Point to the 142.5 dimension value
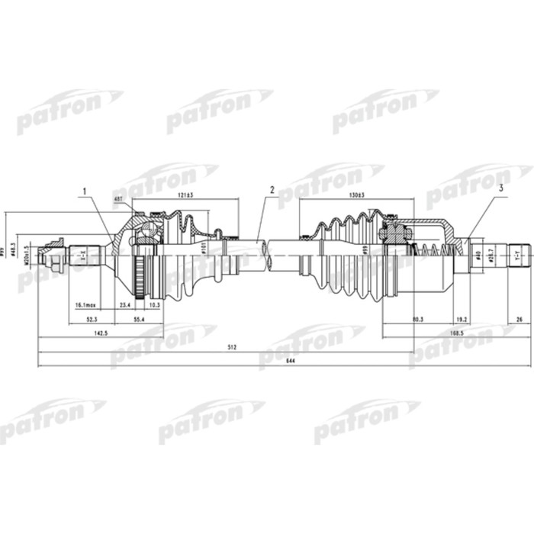pos(100,333)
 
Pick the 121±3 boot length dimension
pos(185,197)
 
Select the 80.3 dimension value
pos(417,320)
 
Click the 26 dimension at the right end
pos(520,320)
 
